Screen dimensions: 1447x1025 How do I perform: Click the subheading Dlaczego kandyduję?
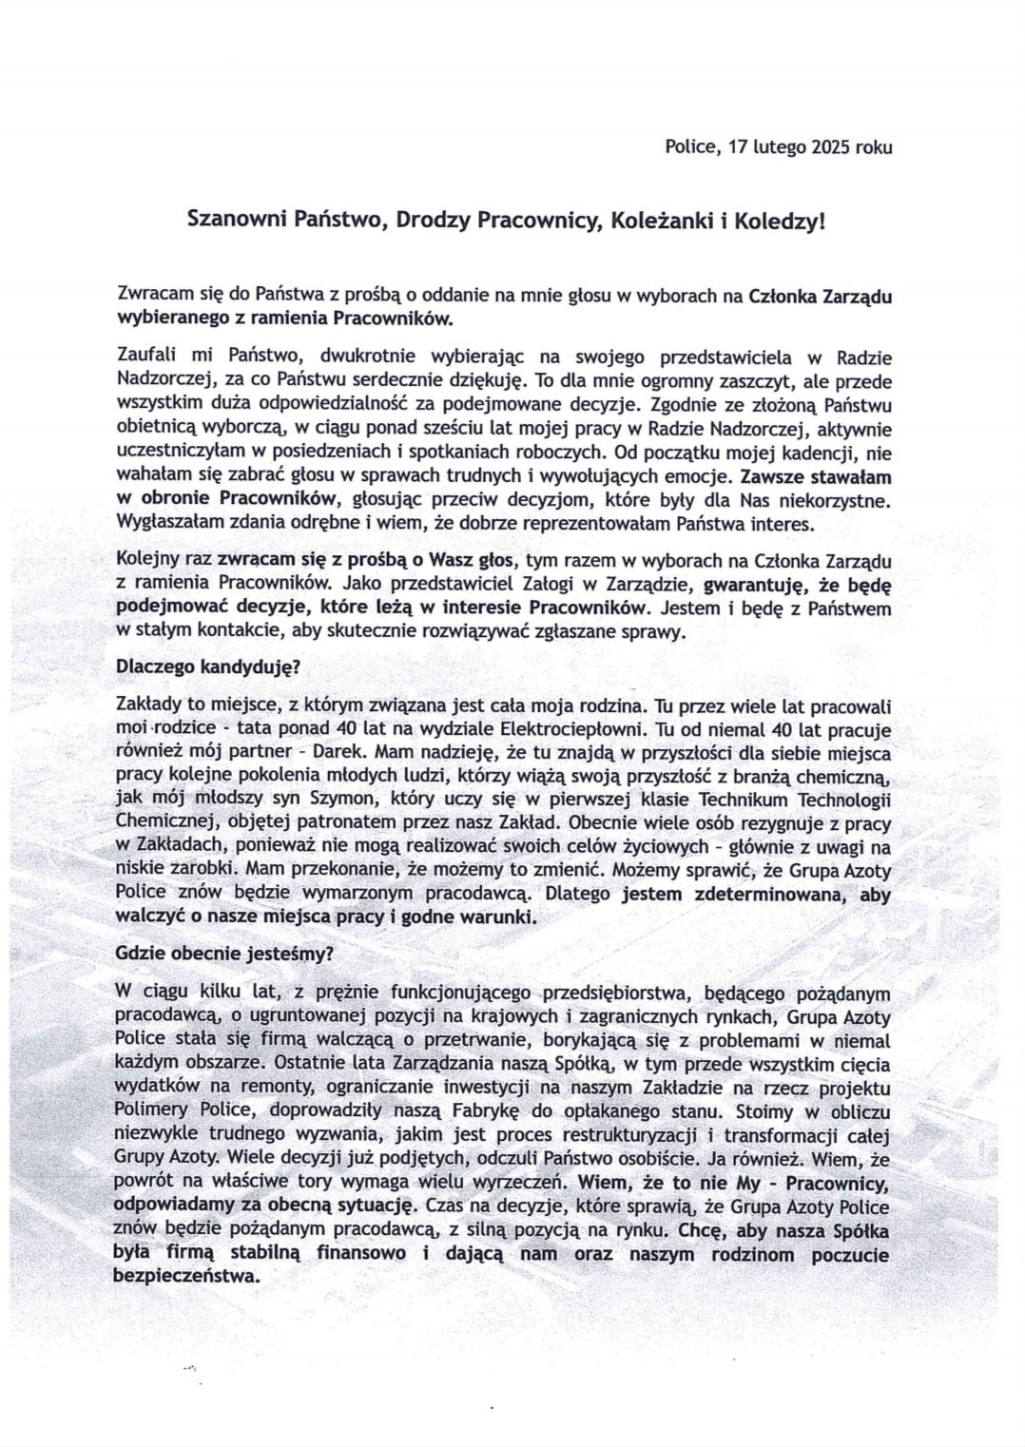click(x=206, y=666)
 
